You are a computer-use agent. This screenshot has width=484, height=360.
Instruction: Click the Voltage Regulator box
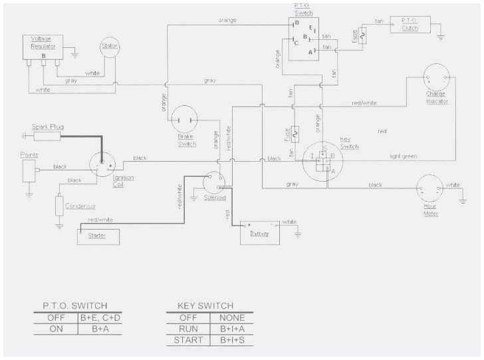click(x=44, y=47)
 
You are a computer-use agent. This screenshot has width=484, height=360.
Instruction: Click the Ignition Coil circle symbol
click(x=103, y=164)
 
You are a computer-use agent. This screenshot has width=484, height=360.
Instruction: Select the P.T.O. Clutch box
click(x=410, y=24)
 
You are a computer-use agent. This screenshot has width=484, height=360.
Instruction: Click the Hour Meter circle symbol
click(x=430, y=189)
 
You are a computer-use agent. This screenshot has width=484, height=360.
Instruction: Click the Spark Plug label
click(x=47, y=126)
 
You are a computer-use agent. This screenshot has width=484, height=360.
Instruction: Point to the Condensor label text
click(x=80, y=206)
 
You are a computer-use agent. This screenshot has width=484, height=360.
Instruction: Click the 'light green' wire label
click(x=404, y=156)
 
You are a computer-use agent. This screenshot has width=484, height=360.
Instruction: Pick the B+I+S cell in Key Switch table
click(x=232, y=341)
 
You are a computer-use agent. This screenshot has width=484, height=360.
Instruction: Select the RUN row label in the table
click(x=189, y=329)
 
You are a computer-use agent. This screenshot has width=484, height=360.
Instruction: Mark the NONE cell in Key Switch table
click(x=232, y=317)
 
